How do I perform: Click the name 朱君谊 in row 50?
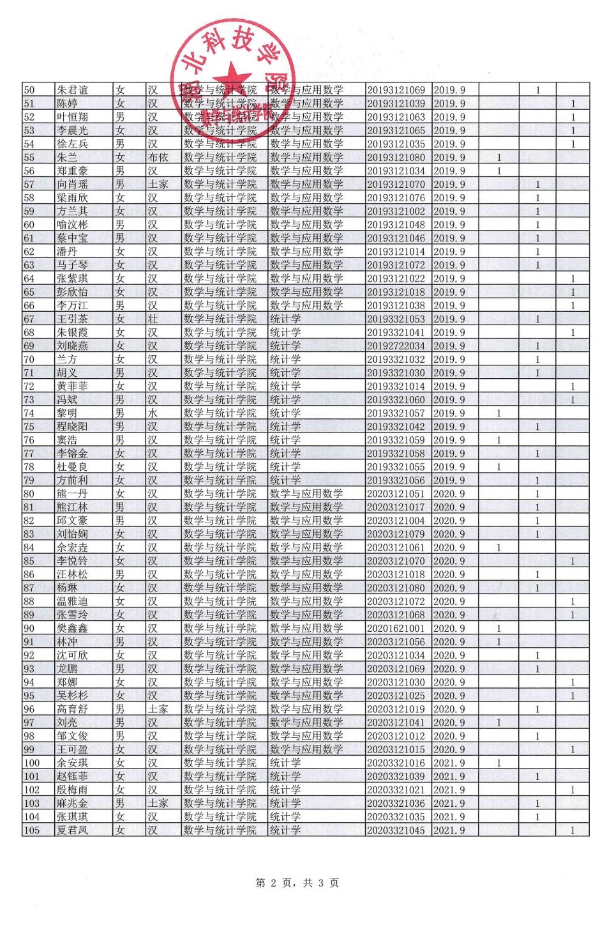coord(72,90)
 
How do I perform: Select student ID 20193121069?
coord(396,90)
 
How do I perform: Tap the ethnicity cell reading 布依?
coord(158,157)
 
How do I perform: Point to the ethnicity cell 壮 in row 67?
coord(153,319)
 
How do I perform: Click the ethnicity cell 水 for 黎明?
coord(153,413)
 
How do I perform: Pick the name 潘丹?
coord(67,252)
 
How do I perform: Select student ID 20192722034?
coord(396,346)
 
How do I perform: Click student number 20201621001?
coord(396,629)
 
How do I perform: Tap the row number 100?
coord(31,763)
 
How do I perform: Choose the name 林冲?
coord(67,642)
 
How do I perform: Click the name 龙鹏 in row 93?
coord(67,669)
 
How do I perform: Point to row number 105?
coord(31,830)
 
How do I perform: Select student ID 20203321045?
coord(396,830)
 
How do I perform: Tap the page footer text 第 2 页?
coord(276,883)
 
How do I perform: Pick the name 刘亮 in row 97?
coord(67,722)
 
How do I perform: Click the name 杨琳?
coord(67,588)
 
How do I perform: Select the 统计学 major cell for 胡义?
coord(285,372)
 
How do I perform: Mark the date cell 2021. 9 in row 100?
coord(449,763)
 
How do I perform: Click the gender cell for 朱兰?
coord(120,157)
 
